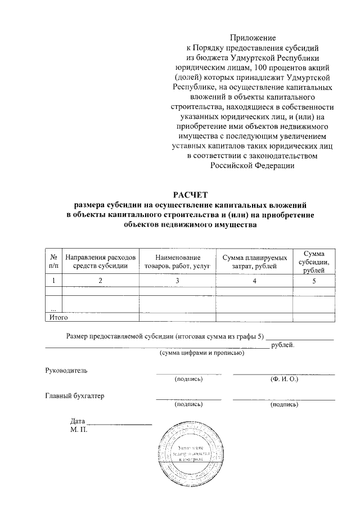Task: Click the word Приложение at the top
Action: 253,38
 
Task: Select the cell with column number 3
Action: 177,280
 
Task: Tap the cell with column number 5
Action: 314,280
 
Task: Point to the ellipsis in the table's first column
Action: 53,309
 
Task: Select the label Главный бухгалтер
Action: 75,395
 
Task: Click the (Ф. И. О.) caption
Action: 284,379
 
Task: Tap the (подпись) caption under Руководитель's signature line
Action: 188,379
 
